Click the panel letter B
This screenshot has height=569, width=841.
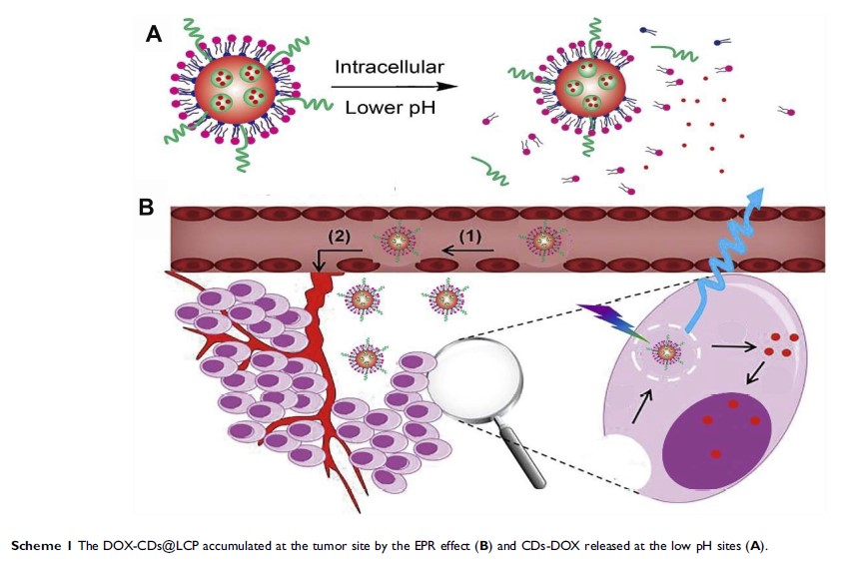[147, 209]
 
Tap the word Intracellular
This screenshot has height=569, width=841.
[388, 68]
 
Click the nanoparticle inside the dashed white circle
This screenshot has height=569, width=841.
[666, 352]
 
